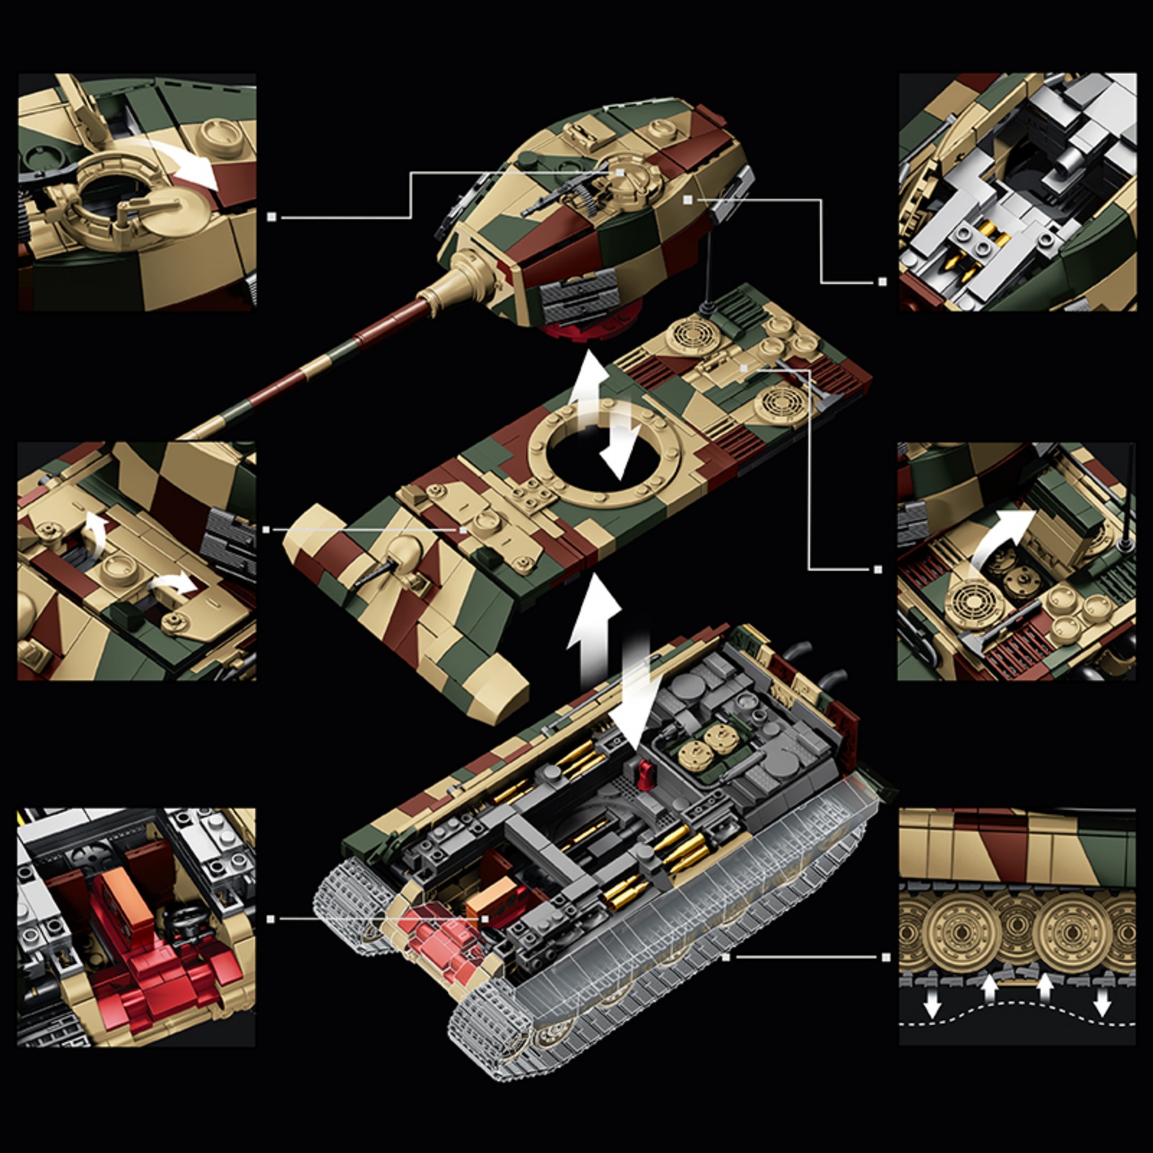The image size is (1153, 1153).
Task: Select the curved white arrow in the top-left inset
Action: [185, 158]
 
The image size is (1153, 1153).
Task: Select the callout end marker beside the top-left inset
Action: [272, 217]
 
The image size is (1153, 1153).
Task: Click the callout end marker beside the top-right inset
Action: [882, 282]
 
